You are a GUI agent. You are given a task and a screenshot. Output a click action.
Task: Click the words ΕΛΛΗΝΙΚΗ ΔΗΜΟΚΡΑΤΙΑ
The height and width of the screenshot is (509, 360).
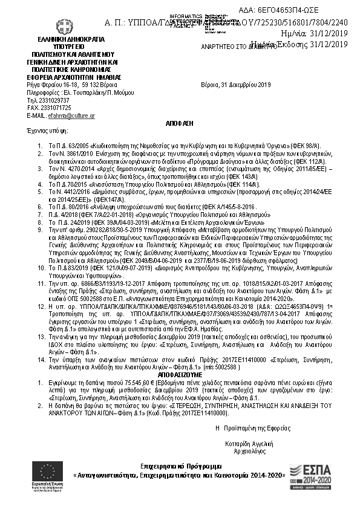[59, 39]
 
